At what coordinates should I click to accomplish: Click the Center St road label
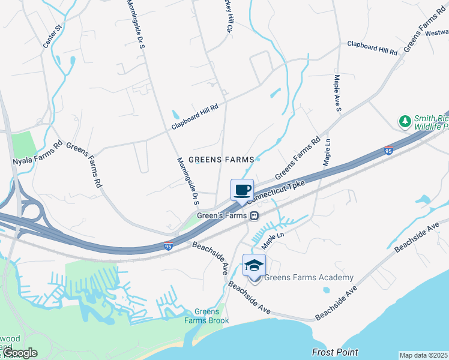point(53,36)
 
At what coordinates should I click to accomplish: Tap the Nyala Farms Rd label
point(37,153)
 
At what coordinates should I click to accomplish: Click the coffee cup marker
point(242,190)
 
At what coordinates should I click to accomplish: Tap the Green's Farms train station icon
point(255,216)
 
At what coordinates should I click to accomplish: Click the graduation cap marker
point(254,265)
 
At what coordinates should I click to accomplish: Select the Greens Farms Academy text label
point(309,277)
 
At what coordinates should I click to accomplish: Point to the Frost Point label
point(335,352)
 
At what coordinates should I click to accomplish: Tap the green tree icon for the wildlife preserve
point(405,122)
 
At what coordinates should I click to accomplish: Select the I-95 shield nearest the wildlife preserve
point(389,150)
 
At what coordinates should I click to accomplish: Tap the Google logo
point(20,353)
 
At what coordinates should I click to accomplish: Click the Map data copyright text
point(424,355)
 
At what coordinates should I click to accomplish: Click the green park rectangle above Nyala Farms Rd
point(23,145)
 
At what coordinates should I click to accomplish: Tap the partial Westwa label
point(437,34)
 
